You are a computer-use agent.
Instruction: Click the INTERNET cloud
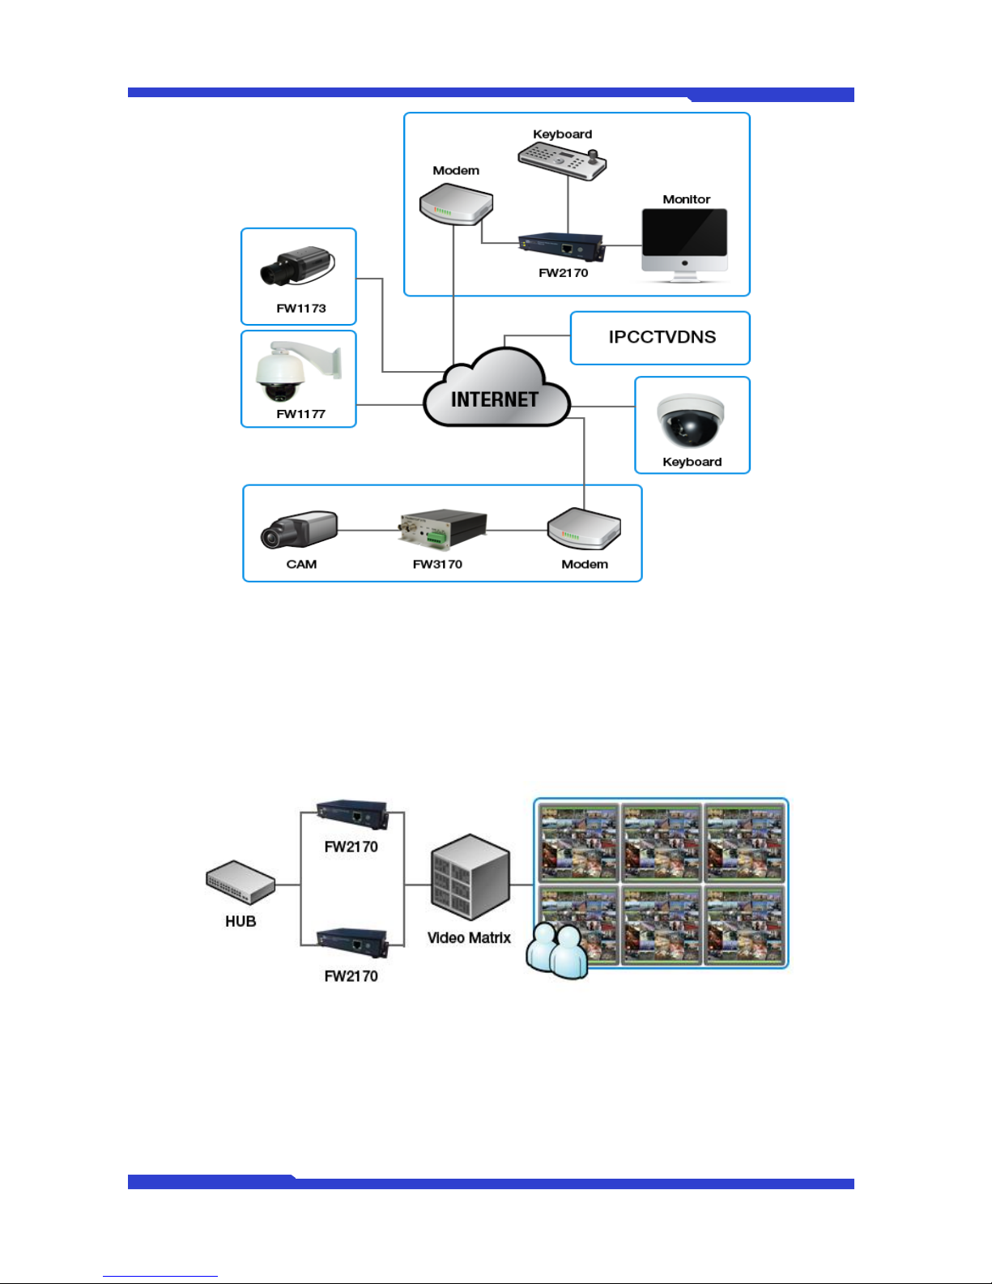[x=496, y=388]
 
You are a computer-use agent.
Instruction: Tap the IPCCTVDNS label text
[x=662, y=337]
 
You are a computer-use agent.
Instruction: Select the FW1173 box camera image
[x=298, y=266]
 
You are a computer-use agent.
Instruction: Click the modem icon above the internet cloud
[x=456, y=204]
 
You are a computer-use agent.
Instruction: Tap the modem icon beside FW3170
[x=584, y=529]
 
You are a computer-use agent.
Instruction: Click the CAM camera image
[x=299, y=530]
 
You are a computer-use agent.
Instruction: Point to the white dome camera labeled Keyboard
[x=690, y=420]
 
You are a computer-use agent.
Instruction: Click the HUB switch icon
[x=241, y=882]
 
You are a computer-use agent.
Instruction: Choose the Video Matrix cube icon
[x=470, y=877]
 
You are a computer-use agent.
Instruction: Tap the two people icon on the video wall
[x=557, y=951]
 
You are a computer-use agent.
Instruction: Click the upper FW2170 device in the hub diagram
[x=352, y=814]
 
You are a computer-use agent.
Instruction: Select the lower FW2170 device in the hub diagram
[x=352, y=942]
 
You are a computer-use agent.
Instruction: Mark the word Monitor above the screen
[x=686, y=199]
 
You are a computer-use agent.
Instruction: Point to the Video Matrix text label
[x=469, y=938]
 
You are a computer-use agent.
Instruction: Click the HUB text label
[x=241, y=921]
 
